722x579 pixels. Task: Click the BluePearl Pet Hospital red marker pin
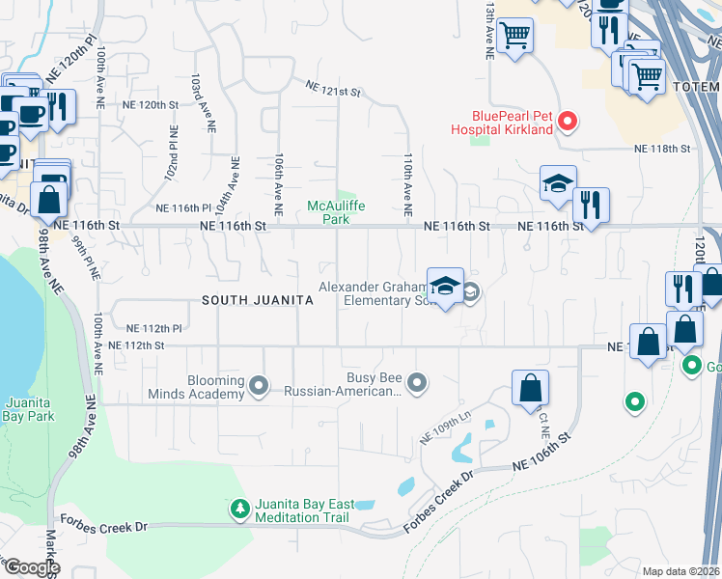pyautogui.click(x=569, y=122)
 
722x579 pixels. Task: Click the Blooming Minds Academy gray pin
pyautogui.click(x=259, y=386)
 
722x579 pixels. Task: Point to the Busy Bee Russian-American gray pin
pyautogui.click(x=417, y=383)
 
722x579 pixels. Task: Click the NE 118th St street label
pyautogui.click(x=663, y=149)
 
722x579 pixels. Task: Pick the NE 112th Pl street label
pyautogui.click(x=153, y=328)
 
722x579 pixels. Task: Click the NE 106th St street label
pyautogui.click(x=544, y=463)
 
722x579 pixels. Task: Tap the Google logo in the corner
pyautogui.click(x=31, y=567)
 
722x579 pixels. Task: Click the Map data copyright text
pyautogui.click(x=681, y=571)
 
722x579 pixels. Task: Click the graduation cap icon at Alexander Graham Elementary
pyautogui.click(x=445, y=286)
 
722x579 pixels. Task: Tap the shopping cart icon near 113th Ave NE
pyautogui.click(x=514, y=37)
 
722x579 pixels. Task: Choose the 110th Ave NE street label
pyautogui.click(x=408, y=183)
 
